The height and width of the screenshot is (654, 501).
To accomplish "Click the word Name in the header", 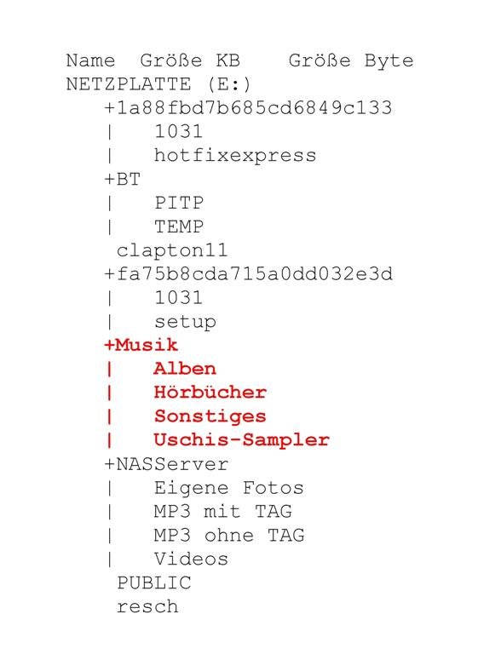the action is [90, 61].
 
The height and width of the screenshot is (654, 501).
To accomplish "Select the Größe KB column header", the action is [190, 61].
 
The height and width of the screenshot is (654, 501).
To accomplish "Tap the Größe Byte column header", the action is [351, 61].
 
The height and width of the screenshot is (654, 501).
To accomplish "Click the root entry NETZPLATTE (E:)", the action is [158, 84].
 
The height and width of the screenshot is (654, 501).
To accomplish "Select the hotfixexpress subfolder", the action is [235, 156].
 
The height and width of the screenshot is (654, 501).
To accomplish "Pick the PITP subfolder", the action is [179, 204].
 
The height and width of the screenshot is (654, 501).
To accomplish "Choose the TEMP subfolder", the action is [179, 227].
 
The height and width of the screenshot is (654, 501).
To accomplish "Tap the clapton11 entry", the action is [172, 250].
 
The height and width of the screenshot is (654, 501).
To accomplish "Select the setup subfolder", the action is [186, 322].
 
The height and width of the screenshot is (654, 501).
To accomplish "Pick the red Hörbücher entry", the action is [210, 393].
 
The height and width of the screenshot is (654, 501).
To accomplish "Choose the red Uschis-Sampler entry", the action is [242, 440].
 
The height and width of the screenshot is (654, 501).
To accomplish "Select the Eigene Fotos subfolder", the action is [229, 488].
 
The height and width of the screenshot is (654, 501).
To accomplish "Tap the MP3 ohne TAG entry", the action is [229, 536].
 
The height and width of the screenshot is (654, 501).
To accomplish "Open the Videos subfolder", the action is [191, 559].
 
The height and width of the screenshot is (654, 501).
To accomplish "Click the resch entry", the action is [147, 607].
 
